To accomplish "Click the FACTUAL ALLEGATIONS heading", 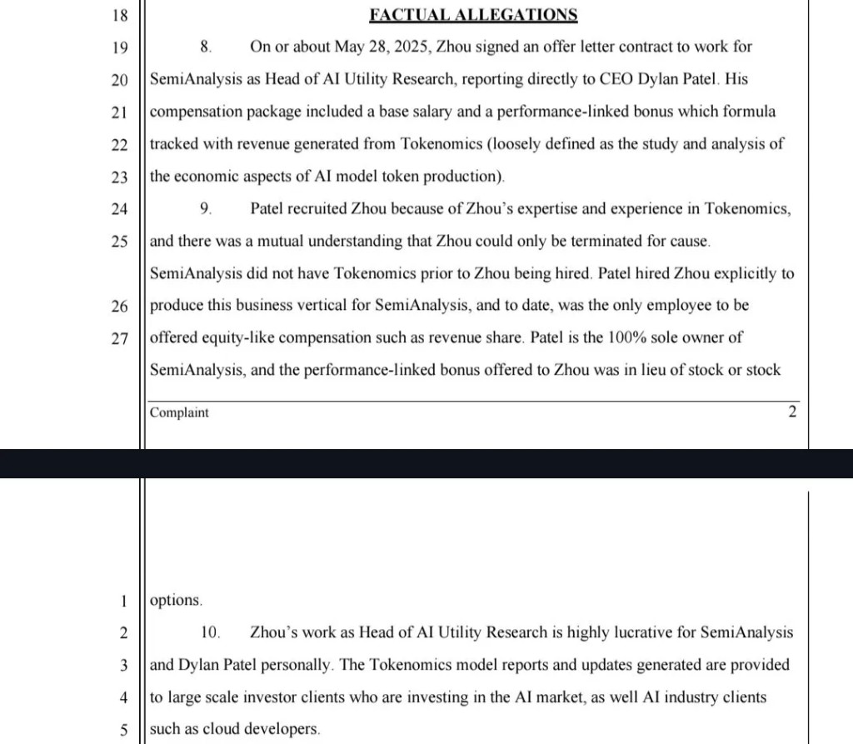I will click(x=474, y=14).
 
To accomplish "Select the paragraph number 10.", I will click(x=210, y=632).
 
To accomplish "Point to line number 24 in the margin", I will click(x=119, y=210).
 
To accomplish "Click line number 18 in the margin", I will click(x=119, y=15).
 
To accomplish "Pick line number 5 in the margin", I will click(x=123, y=730).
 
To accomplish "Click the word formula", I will click(x=748, y=112).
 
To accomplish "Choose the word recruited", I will click(x=317, y=209).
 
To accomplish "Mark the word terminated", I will click(x=621, y=242).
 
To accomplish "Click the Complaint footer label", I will click(x=179, y=412).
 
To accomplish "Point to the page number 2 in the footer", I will click(x=792, y=412).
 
